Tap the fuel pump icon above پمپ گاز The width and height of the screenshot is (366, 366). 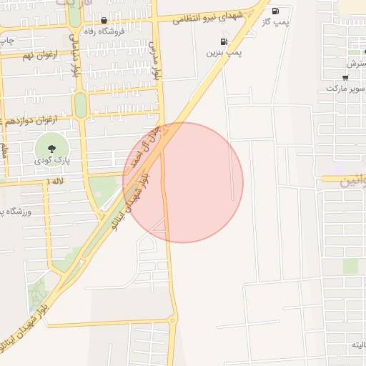pyautogui.click(x=275, y=11)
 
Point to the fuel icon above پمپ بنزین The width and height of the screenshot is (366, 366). pyautogui.click(x=224, y=41)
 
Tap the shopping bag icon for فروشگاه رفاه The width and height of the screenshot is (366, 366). pyautogui.click(x=104, y=20)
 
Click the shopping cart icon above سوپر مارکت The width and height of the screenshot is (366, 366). pyautogui.click(x=346, y=77)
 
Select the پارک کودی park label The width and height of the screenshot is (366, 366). pyautogui.click(x=51, y=162)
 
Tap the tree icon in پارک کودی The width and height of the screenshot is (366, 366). pyautogui.click(x=51, y=149)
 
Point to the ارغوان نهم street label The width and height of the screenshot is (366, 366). pyautogui.click(x=38, y=55)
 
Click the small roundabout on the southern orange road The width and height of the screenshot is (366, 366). pyautogui.click(x=172, y=321)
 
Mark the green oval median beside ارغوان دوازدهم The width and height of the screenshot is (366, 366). pyautogui.click(x=80, y=105)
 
